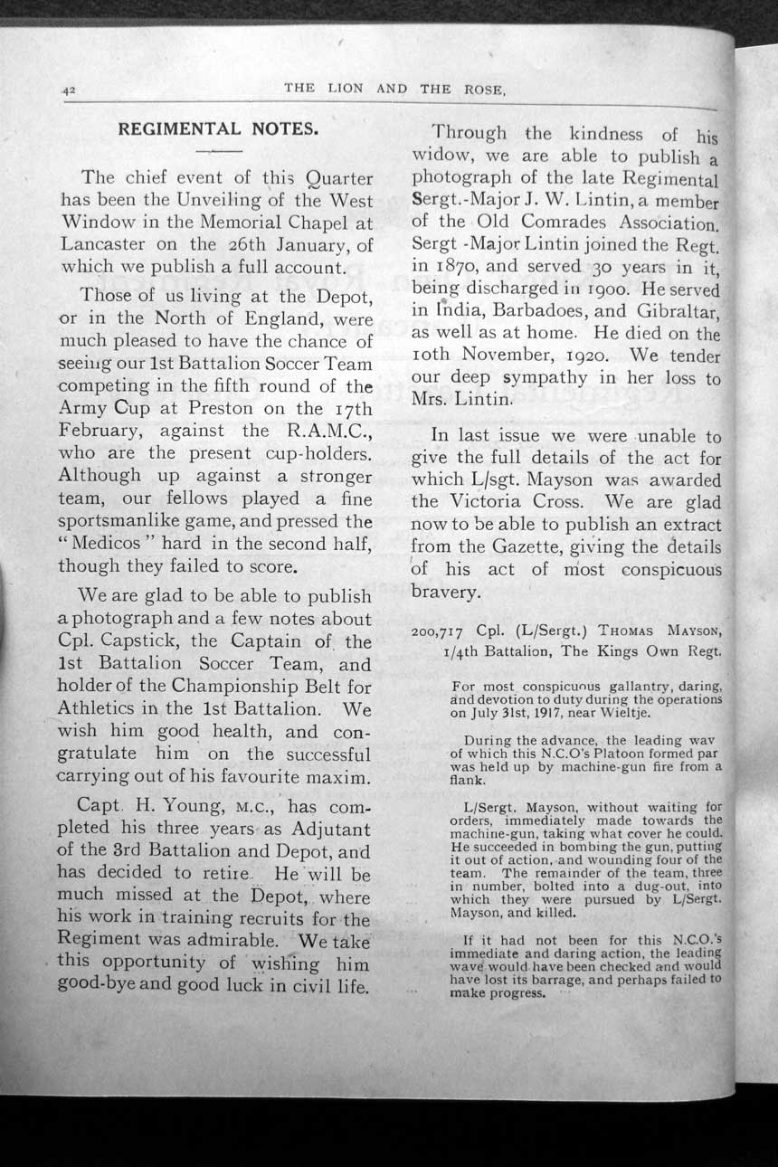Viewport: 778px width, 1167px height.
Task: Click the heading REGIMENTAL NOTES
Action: [x=218, y=129]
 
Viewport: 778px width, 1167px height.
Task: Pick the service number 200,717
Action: [x=437, y=633]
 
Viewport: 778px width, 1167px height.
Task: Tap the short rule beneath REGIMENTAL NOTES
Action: [x=218, y=150]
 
